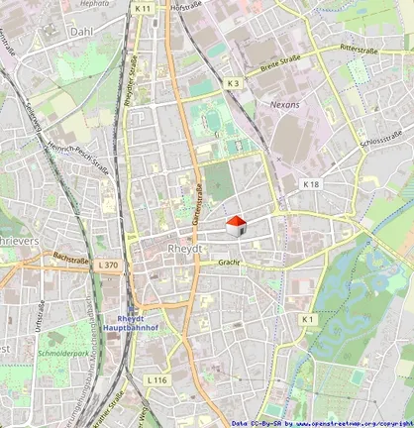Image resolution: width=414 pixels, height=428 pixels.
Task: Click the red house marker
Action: [x=237, y=226]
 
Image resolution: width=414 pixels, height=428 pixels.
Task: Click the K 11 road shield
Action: [x=143, y=8]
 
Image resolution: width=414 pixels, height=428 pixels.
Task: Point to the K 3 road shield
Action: [x=232, y=83]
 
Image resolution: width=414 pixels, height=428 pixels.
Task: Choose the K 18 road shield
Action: [x=311, y=184]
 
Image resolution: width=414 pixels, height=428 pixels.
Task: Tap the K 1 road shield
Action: [x=308, y=319]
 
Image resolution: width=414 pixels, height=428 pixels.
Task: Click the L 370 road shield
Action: [x=108, y=265]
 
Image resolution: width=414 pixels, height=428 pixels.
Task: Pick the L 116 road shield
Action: [x=156, y=380]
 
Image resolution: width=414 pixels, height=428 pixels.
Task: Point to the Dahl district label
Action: [x=80, y=32]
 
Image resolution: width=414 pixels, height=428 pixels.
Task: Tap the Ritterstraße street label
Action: [x=361, y=47]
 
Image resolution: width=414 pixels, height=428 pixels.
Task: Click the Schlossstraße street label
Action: [x=381, y=138]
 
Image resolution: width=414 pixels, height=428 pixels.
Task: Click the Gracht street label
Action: [x=230, y=264]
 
